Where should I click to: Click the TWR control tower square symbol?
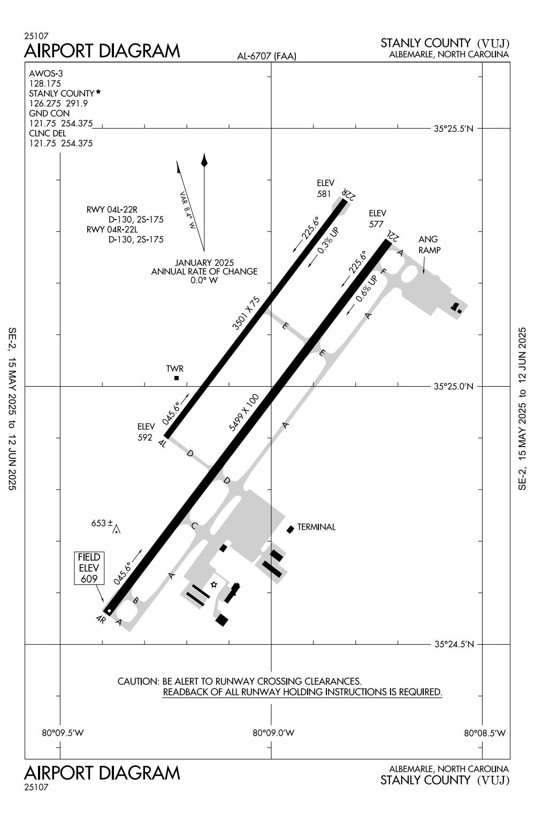177,378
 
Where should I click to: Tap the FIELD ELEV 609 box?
89,568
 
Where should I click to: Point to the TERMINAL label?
316,527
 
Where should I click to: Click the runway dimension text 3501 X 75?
246,312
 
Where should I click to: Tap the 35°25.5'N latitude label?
454,129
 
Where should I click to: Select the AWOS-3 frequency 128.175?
45,84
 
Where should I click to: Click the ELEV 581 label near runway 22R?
325,189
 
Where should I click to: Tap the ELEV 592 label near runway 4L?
146,432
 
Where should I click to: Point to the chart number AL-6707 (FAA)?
266,56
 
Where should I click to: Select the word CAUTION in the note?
137,682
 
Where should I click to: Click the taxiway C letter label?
194,526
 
